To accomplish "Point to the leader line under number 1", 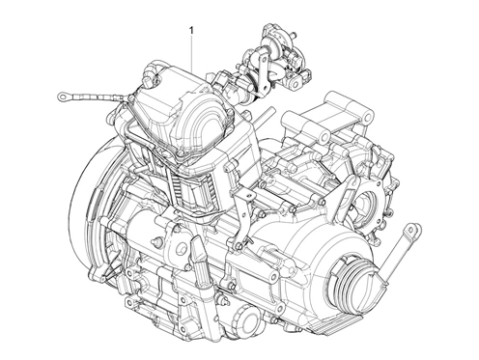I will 193,53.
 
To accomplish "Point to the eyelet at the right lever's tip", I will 415,231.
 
